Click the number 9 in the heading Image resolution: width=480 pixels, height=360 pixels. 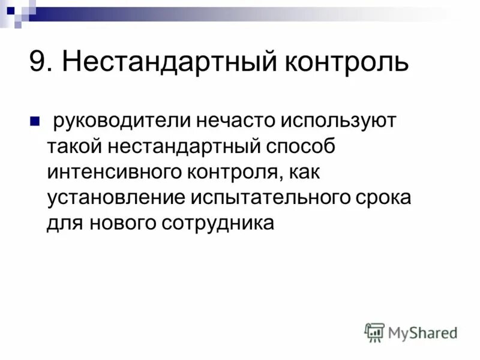[38, 62]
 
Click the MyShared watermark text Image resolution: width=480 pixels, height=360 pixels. [423, 332]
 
